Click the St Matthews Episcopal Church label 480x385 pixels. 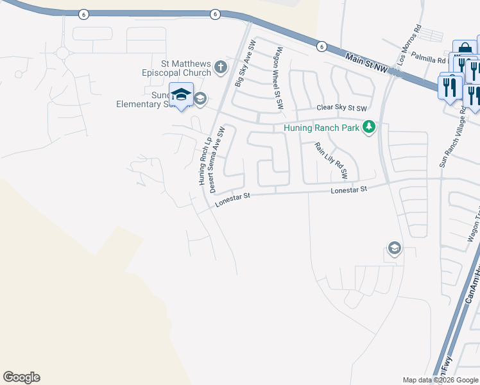(178, 67)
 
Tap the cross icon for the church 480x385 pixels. (220, 66)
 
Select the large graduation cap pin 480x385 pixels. (181, 95)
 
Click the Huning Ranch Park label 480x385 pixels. (321, 128)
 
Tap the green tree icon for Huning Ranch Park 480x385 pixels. (368, 127)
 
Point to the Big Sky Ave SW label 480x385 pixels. (246, 64)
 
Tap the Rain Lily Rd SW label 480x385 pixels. (330, 160)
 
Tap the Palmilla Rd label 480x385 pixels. (429, 58)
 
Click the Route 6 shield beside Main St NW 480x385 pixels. (321, 46)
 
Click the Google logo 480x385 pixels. (21, 377)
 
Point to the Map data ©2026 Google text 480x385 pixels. (440, 380)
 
